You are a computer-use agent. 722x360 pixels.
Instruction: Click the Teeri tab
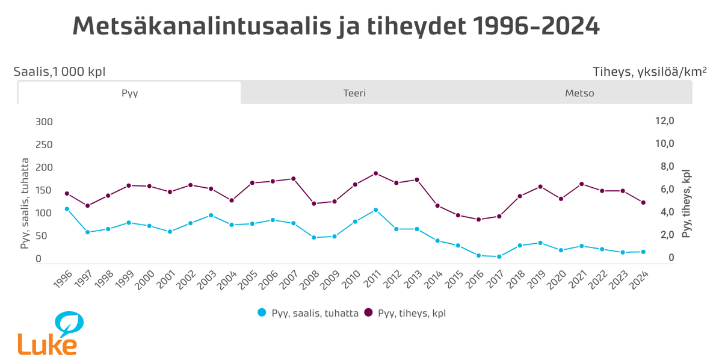pos(354,93)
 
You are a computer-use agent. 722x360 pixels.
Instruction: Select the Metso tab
pos(579,93)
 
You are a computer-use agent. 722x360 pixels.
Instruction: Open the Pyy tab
pos(129,93)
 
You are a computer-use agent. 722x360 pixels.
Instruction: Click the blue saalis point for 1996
pos(67,209)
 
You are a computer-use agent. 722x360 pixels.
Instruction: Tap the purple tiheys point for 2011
pos(376,173)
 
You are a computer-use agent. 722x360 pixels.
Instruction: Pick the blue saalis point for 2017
pos(499,256)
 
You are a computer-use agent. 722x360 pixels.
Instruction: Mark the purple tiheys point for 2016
pos(479,220)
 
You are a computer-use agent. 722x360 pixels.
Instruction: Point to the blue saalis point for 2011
pos(376,210)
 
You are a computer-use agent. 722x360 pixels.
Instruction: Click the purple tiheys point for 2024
pos(643,202)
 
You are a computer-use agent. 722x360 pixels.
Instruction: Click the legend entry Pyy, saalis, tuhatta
pos(308,313)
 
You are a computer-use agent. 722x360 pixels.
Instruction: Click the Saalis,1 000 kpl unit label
pos(60,72)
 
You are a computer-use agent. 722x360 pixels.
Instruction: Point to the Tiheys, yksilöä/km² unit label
pos(649,72)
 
